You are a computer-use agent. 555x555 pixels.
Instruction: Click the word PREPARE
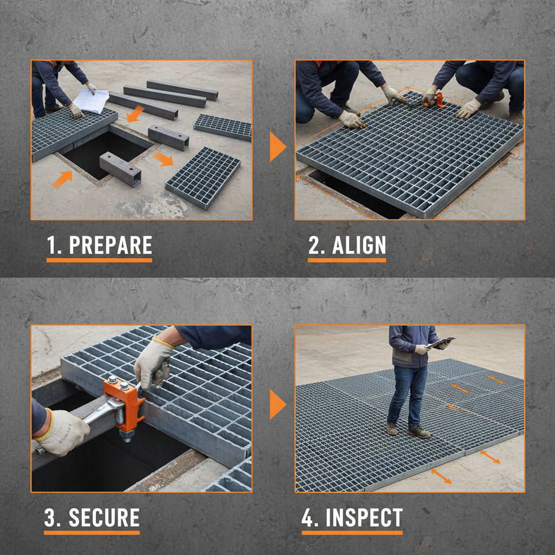(111, 246)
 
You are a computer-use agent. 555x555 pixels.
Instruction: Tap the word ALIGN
(359, 246)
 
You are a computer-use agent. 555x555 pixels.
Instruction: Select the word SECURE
(104, 518)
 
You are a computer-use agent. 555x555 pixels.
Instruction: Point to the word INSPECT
(364, 518)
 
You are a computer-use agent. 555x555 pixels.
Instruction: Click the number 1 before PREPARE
(53, 246)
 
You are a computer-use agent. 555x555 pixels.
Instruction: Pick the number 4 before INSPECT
(309, 518)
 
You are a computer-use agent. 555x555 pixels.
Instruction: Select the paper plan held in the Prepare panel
(91, 101)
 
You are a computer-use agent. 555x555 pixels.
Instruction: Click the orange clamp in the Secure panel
(124, 404)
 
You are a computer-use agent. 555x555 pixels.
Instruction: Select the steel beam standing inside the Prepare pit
(120, 169)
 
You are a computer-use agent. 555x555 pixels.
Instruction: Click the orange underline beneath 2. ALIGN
(347, 261)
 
